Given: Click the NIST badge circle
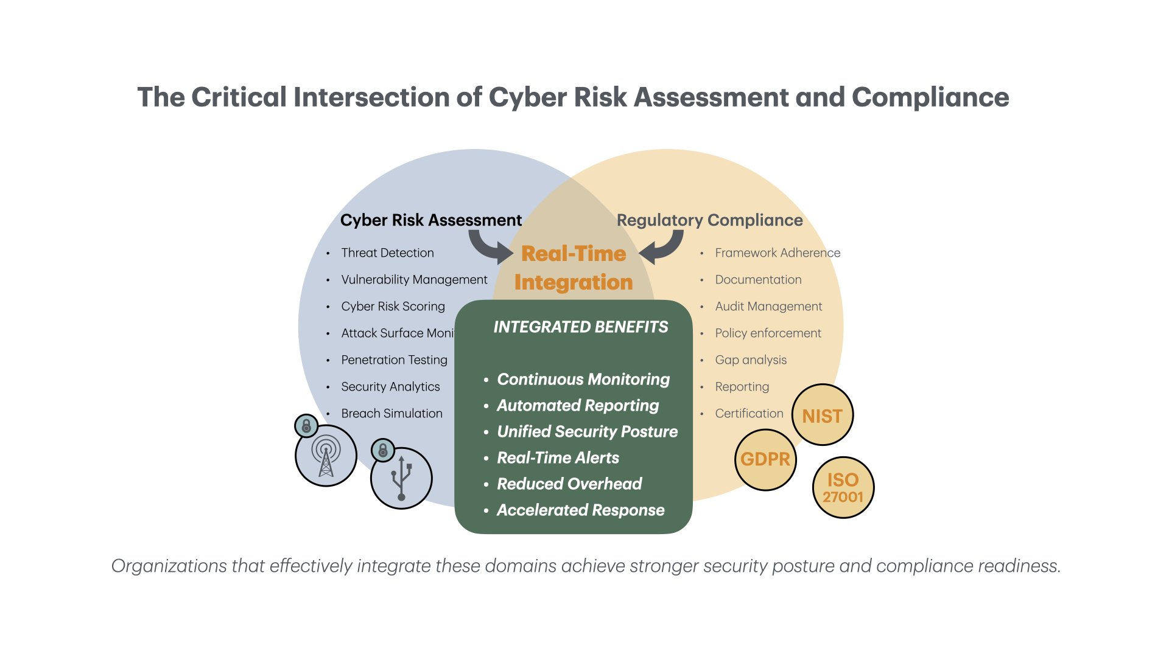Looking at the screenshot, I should click(822, 415).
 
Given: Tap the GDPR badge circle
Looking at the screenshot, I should click(765, 459).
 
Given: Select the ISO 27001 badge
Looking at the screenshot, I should click(843, 487).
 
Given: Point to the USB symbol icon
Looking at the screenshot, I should click(401, 479).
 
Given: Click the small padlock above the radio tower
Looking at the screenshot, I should click(306, 425).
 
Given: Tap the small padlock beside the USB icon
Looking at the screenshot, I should click(383, 450).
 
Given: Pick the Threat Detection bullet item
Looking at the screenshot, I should click(387, 252).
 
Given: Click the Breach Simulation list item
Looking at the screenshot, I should click(391, 413).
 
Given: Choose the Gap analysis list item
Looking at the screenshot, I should click(751, 360).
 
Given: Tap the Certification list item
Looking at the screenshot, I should click(749, 413).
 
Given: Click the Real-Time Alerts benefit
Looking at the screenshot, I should click(558, 457).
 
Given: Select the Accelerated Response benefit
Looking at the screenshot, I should click(580, 510).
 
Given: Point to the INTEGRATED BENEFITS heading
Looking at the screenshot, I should click(580, 327).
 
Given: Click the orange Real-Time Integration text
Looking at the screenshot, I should click(574, 268).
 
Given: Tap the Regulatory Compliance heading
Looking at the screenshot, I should click(709, 220).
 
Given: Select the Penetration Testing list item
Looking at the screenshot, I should click(394, 360).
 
